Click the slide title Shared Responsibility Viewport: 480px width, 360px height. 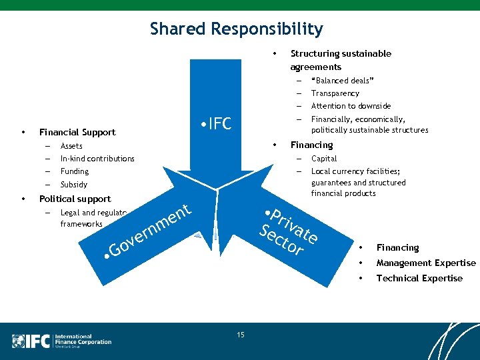236,29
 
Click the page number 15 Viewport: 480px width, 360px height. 240,334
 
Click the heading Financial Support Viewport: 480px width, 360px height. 77,133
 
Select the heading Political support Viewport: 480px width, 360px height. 75,199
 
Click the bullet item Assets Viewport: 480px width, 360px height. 71,146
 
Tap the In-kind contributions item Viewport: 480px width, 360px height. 97,159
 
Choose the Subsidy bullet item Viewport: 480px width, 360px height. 73,185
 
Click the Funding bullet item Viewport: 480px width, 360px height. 74,171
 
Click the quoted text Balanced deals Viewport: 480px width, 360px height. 342,81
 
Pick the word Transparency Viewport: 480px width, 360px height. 335,93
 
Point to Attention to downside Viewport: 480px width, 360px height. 351,106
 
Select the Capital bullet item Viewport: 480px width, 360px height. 324,159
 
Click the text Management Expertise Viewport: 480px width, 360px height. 426,263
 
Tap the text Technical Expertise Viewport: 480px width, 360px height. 419,278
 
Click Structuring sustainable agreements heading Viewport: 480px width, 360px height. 341,60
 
